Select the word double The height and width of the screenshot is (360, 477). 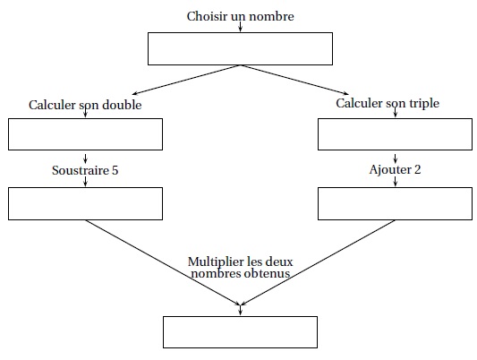point(122,105)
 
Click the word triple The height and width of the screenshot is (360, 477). point(424,104)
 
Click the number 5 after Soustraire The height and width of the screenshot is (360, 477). point(115,170)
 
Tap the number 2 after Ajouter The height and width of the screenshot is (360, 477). point(418,169)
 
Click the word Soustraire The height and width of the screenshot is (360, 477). point(81,170)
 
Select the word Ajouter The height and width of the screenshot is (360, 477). point(390,170)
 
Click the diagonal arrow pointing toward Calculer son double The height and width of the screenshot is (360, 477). point(186,80)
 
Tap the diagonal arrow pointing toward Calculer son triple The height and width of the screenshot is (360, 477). point(294,80)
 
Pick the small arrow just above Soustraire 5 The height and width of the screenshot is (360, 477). point(86,159)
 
